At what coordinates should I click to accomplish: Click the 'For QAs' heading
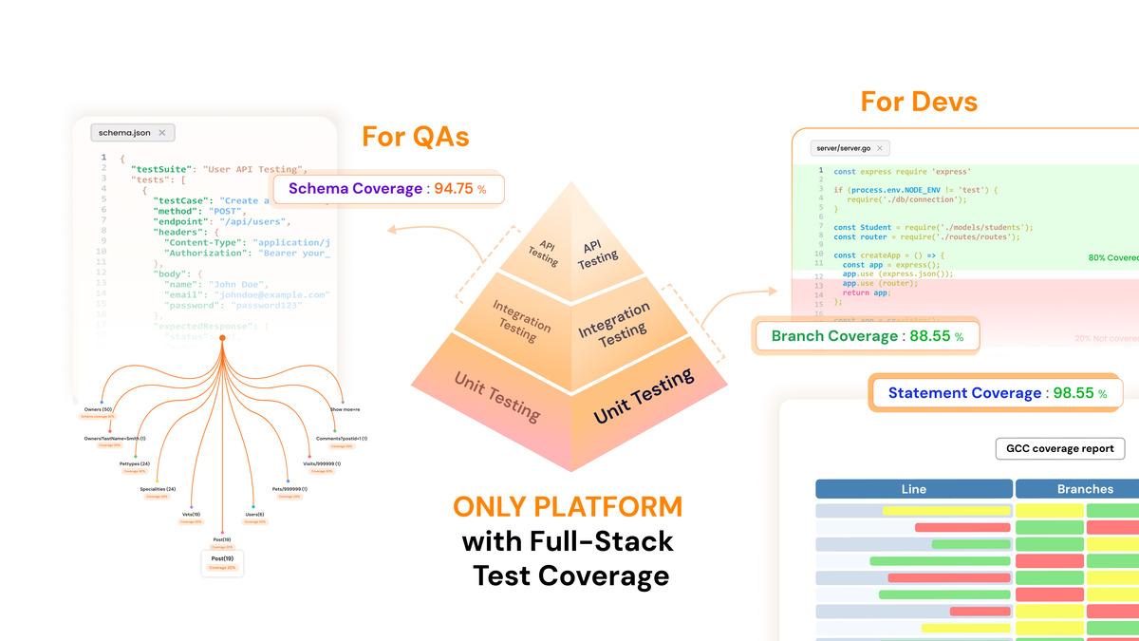[x=416, y=136]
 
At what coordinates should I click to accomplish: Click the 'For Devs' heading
[x=919, y=101]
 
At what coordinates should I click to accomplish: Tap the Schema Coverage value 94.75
[x=454, y=188]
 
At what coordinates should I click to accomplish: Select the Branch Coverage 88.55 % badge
[x=867, y=336]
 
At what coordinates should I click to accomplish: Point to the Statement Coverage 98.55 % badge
[x=995, y=392]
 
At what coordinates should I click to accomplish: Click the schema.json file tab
[x=132, y=133]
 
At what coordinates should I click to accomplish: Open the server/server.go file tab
[x=850, y=148]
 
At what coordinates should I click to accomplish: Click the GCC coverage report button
[x=1060, y=448]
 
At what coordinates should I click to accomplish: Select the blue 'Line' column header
[x=913, y=489]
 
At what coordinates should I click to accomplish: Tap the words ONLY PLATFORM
[x=568, y=506]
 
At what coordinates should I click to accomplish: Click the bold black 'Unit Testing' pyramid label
[x=644, y=397]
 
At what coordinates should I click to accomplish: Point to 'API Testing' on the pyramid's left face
[x=543, y=252]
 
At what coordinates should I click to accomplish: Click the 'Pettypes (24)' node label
[x=135, y=463]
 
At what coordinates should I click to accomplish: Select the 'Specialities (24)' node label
[x=157, y=489]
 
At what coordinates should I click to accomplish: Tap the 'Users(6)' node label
[x=254, y=514]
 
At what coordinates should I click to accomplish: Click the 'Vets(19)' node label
[x=192, y=514]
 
